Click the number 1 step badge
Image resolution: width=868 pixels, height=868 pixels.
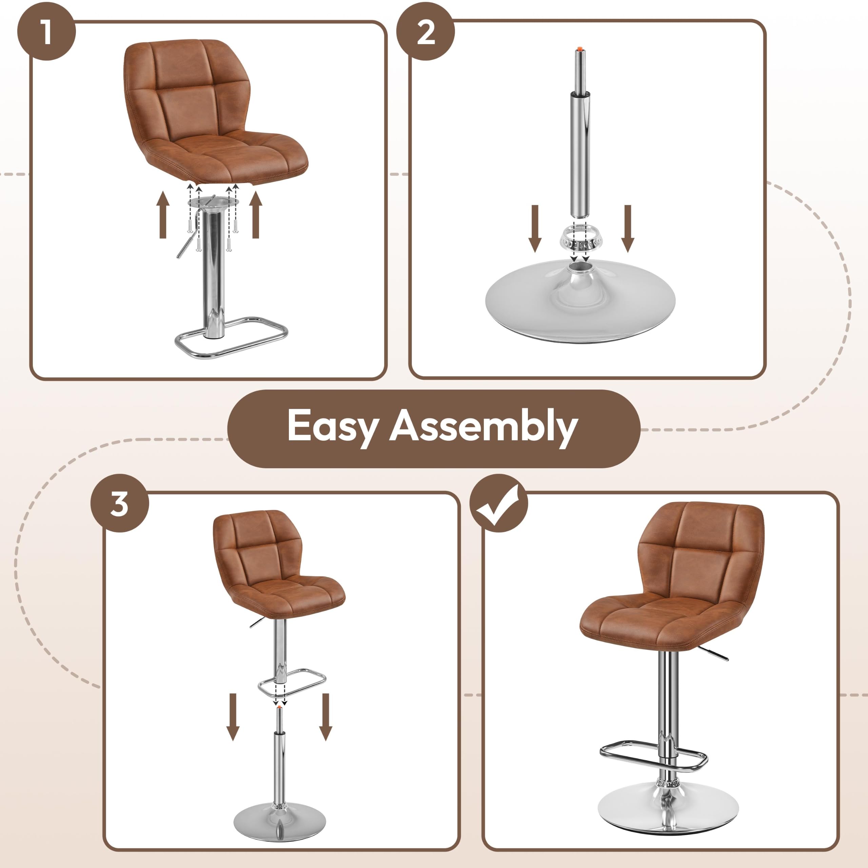(46, 32)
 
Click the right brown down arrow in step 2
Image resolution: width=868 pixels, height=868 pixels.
(628, 228)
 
